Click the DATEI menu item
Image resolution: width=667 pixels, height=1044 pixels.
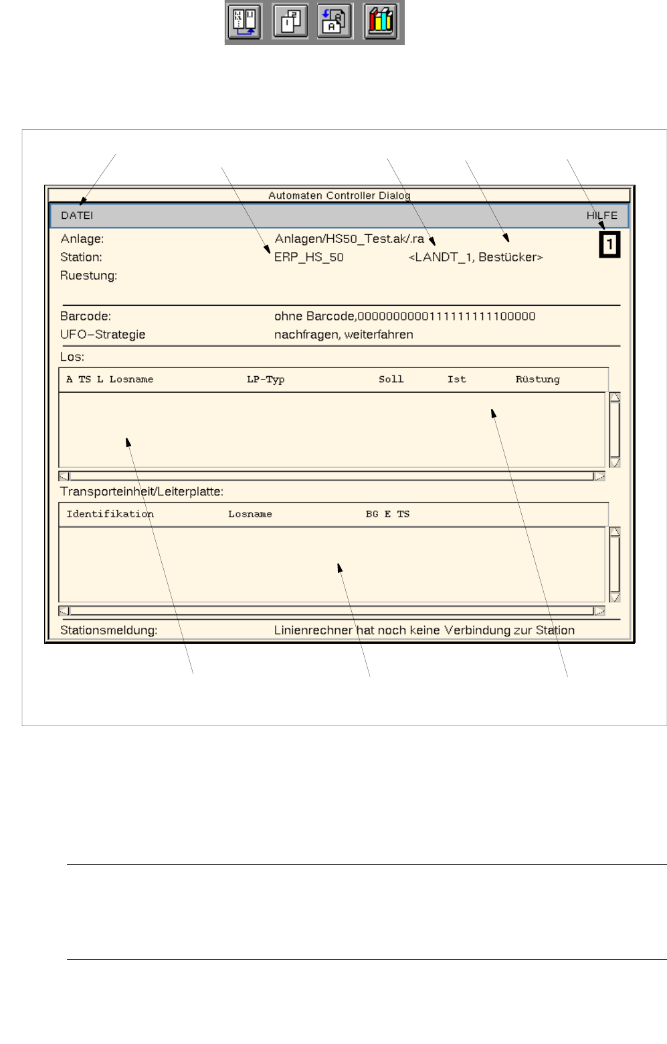(77, 215)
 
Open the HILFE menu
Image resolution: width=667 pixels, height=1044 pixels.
(601, 215)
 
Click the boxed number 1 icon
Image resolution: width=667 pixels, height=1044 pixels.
(609, 244)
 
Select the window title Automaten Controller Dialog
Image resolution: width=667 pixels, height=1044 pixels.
(339, 195)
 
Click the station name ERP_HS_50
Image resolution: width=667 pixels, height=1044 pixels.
(308, 257)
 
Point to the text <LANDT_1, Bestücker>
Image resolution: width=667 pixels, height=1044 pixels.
(476, 257)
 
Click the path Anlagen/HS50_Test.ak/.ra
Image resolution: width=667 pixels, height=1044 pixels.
(349, 239)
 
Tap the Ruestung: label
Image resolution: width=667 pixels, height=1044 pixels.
(88, 276)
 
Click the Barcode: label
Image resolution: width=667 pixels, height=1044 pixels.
(86, 316)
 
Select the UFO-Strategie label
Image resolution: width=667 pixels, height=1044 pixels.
(102, 335)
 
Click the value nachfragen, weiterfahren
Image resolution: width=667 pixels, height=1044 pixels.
(343, 335)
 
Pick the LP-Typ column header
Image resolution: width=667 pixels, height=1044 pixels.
(266, 379)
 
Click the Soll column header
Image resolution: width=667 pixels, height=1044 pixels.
(391, 379)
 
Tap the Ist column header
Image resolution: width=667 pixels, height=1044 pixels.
(456, 379)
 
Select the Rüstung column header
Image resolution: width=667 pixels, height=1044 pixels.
(537, 379)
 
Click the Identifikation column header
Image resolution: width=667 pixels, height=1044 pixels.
(110, 514)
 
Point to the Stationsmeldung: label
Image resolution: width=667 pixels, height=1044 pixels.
(108, 630)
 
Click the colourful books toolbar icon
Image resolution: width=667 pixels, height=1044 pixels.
(381, 21)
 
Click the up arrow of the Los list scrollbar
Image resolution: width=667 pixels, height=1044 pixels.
(615, 397)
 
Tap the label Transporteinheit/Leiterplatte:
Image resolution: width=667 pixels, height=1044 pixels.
(142, 492)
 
